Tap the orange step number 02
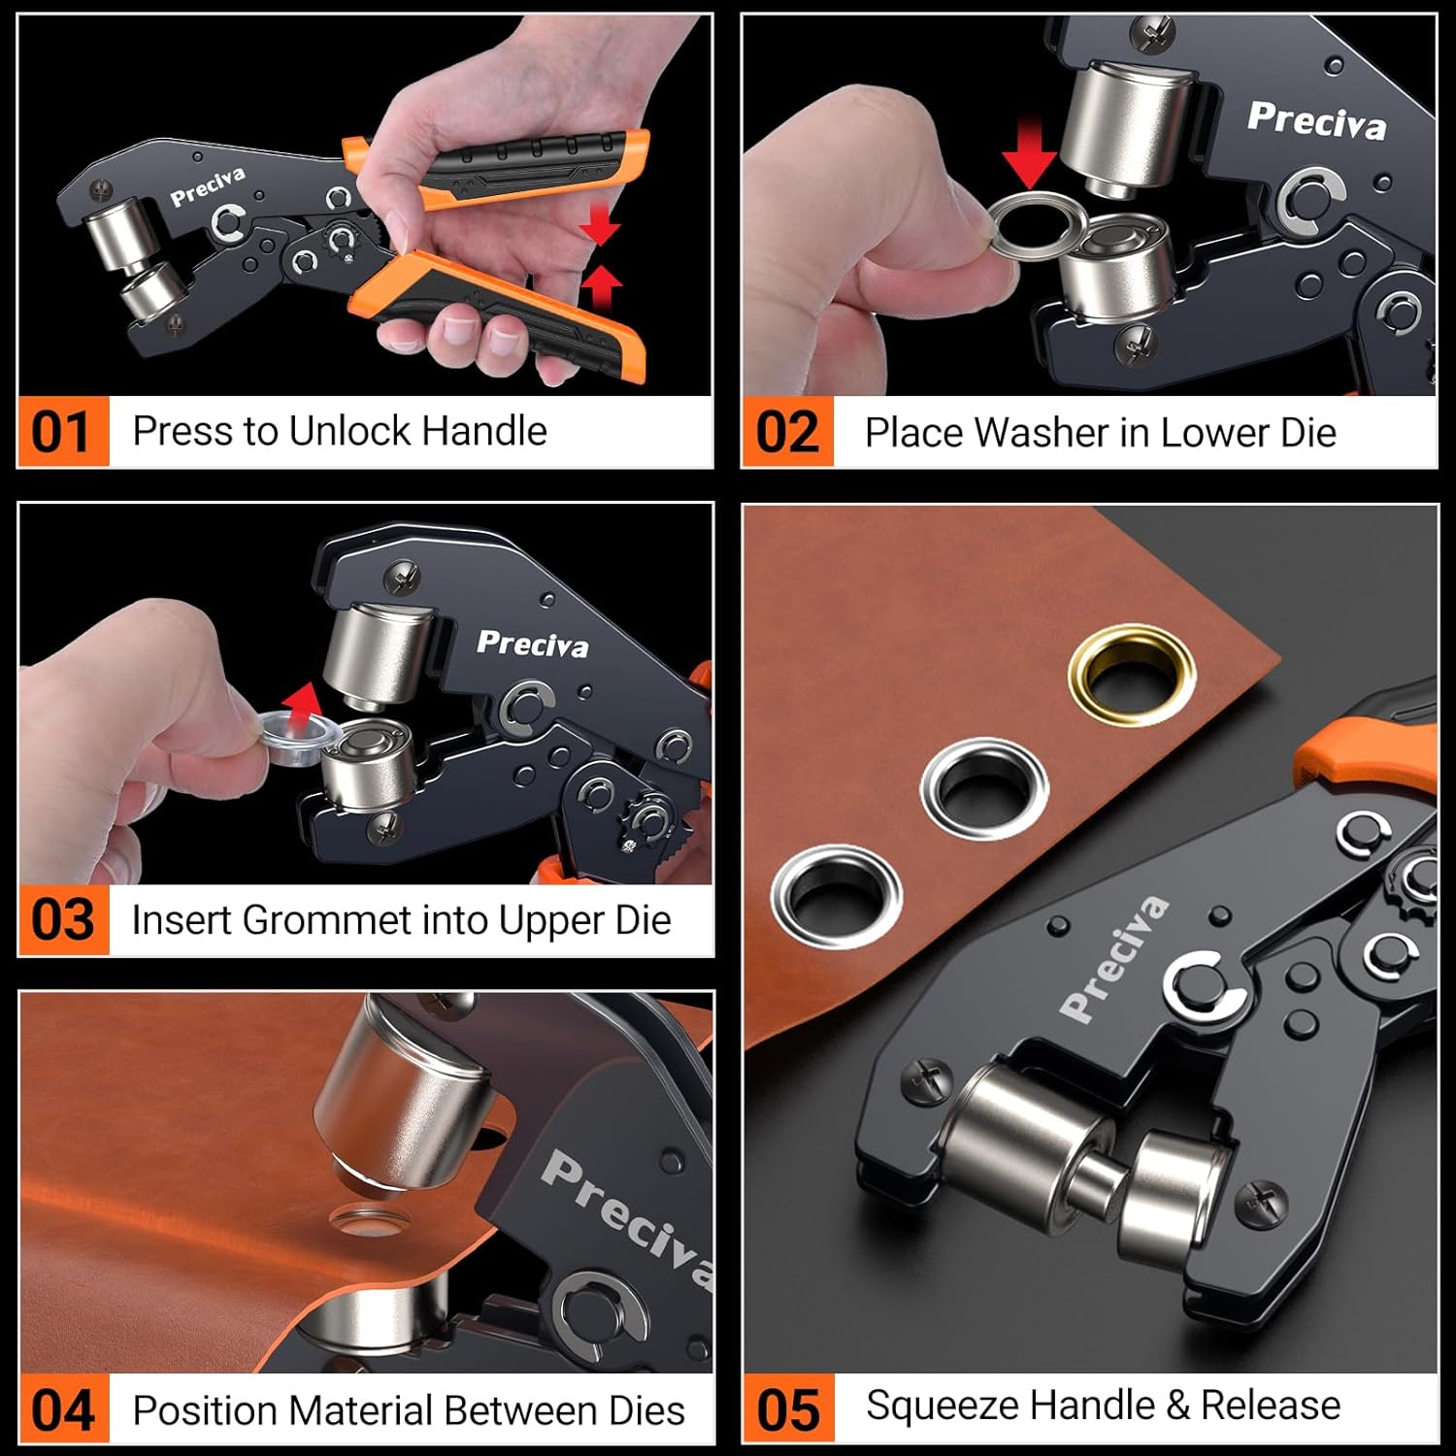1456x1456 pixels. click(x=787, y=433)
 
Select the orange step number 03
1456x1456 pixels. click(x=62, y=920)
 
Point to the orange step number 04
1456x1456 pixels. click(x=62, y=1410)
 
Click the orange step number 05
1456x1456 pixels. click(x=787, y=1410)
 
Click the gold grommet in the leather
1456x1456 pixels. click(x=1131, y=676)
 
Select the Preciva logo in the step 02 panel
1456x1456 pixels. click(x=1316, y=120)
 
